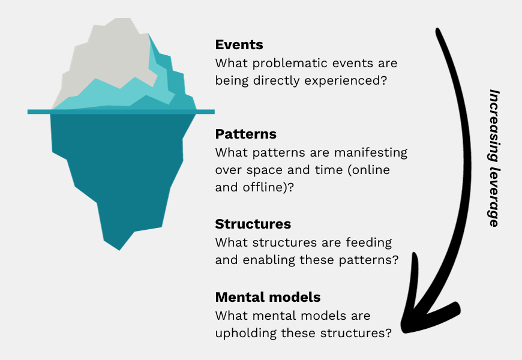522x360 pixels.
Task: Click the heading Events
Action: [x=239, y=45]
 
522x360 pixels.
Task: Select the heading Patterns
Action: [x=246, y=134]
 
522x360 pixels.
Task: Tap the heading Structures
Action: [x=253, y=224]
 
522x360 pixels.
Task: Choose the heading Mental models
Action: [x=268, y=297]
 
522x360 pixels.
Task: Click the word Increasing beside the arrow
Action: [x=494, y=129]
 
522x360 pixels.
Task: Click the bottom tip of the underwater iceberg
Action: [x=119, y=248]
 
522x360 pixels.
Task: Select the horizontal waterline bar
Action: [x=120, y=112]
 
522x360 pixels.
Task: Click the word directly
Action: [x=276, y=80]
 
